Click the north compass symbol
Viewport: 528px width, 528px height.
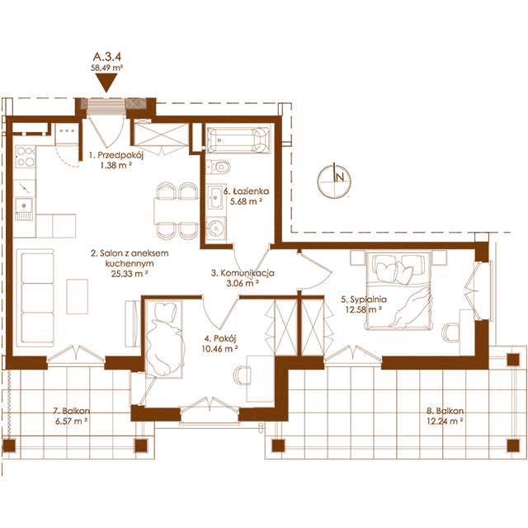(334, 181)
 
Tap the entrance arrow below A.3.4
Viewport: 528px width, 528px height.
(106, 82)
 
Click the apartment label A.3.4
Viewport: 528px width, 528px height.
(107, 56)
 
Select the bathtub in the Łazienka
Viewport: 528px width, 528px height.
(238, 139)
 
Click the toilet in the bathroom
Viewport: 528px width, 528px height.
(218, 167)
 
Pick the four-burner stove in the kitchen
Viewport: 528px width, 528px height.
(25, 157)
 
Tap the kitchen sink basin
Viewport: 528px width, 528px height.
(24, 205)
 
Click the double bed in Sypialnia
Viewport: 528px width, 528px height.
(398, 290)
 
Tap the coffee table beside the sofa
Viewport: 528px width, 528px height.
(77, 296)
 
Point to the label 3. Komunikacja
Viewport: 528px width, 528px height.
(243, 273)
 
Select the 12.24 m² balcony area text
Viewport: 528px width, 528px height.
(445, 421)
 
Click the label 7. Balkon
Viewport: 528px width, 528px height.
(72, 411)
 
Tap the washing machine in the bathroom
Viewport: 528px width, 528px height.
(216, 229)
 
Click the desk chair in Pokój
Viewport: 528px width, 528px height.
(242, 375)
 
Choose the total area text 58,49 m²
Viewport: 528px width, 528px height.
(106, 68)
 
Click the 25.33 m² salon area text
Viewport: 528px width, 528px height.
(130, 274)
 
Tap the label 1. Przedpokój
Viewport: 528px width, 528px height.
(116, 155)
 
